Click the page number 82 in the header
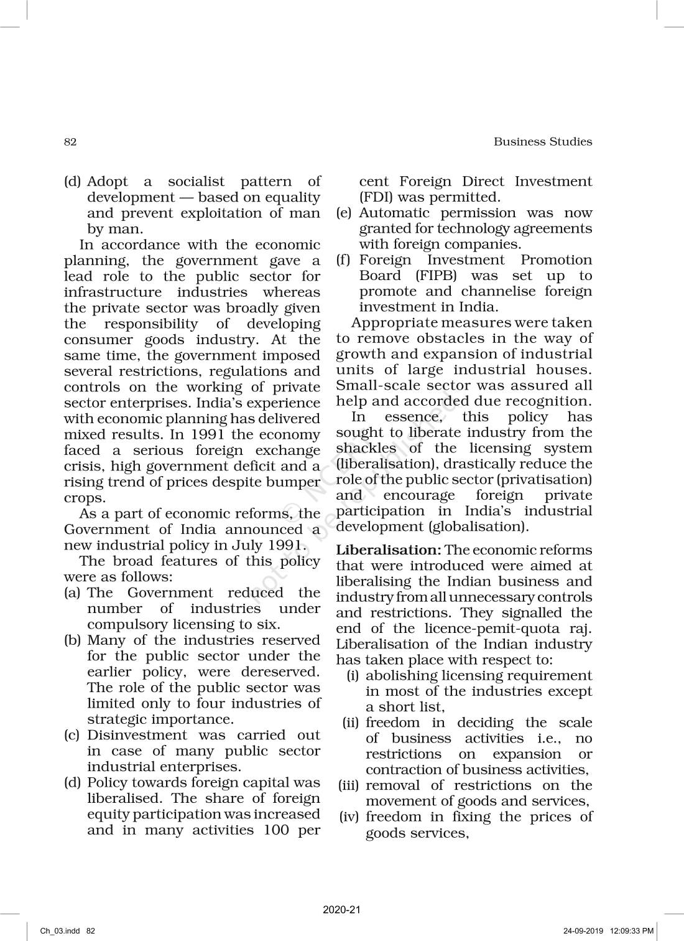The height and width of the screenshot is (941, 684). click(70, 142)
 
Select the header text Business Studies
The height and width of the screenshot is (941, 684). click(542, 142)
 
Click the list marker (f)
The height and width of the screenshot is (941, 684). click(344, 260)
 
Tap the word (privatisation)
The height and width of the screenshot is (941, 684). click(552, 479)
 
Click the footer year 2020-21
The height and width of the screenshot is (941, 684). click(342, 910)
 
